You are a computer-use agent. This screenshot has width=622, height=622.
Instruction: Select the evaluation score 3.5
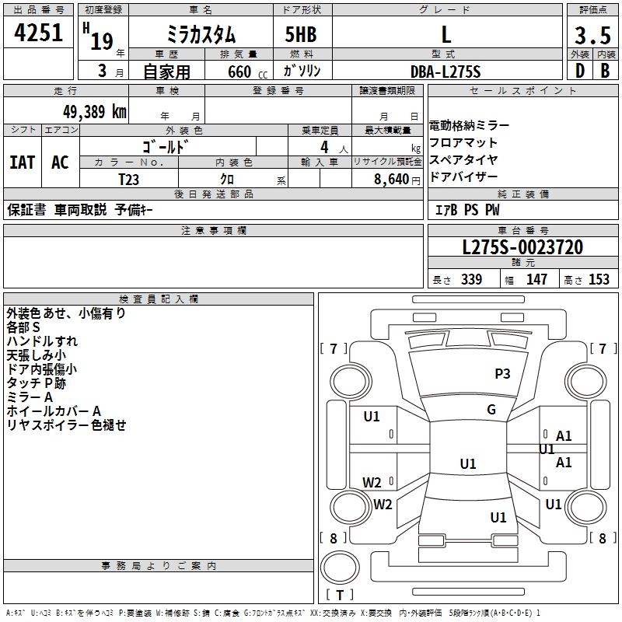[x=592, y=35]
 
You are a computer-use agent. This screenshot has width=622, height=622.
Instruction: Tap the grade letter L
[x=446, y=34]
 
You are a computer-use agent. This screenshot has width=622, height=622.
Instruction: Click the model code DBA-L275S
[x=446, y=72]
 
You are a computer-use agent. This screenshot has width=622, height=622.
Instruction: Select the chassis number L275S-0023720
[x=522, y=248]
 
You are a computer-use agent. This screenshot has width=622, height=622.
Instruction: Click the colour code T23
[x=128, y=178]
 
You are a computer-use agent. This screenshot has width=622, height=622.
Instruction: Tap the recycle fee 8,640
[x=397, y=179]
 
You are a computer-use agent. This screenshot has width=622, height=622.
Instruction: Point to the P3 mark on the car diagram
[x=503, y=374]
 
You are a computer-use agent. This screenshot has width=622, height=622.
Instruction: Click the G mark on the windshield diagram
[x=491, y=410]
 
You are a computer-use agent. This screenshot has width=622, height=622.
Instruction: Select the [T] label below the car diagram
[x=339, y=595]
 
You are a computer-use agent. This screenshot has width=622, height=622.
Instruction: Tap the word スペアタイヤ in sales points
[x=463, y=160]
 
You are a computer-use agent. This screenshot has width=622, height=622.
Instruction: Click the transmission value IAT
[x=22, y=162]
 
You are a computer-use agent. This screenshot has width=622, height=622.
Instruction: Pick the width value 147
[x=536, y=280]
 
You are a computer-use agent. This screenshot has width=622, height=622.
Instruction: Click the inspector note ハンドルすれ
[x=42, y=341]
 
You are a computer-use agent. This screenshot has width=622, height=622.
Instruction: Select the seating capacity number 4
[x=323, y=147]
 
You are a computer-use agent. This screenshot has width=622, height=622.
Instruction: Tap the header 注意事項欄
[x=214, y=231]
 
